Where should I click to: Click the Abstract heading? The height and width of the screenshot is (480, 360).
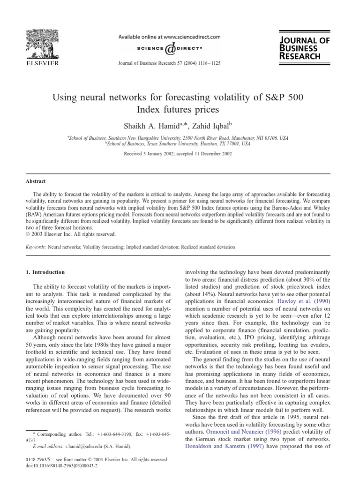[36, 181]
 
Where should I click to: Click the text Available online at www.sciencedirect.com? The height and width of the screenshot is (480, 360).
[169, 37]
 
